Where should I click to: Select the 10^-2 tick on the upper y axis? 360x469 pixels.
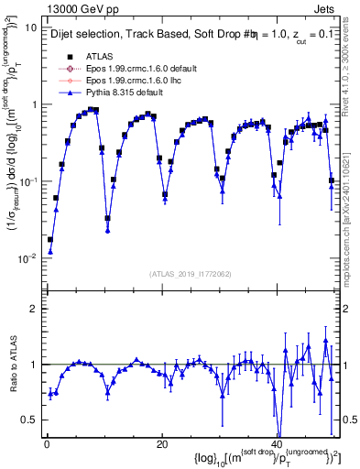pos(27,258)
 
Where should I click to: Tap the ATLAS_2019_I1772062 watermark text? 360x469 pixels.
pos(189,273)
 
